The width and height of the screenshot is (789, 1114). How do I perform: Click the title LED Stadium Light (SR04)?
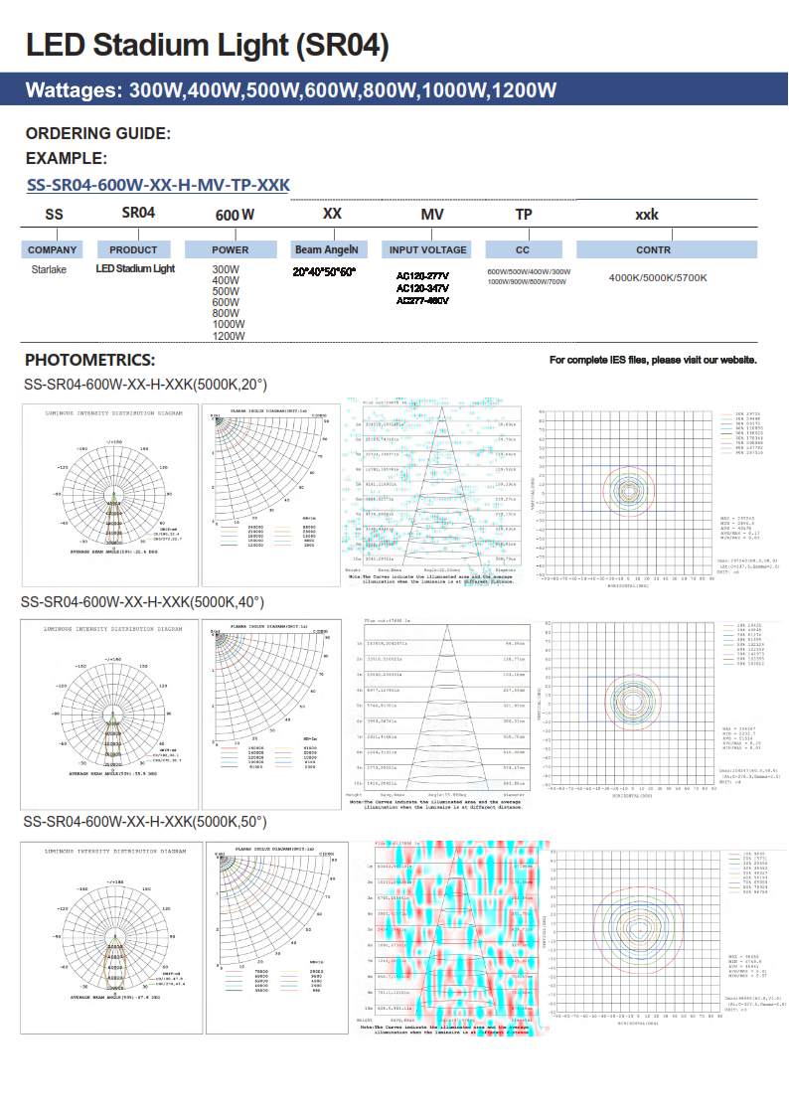tap(207, 45)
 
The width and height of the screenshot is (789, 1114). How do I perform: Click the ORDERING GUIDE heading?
tap(98, 134)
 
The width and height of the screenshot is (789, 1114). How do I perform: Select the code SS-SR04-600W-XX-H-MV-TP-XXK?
tap(158, 185)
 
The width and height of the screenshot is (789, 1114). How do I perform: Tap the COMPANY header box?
tap(53, 250)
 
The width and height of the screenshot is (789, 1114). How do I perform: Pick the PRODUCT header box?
tap(133, 250)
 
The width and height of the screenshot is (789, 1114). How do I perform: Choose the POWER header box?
tap(231, 250)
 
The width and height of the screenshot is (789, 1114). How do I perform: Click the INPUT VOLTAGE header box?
tap(427, 250)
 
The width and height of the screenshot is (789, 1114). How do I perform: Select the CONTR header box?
tap(653, 250)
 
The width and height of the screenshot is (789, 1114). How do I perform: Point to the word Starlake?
tap(49, 269)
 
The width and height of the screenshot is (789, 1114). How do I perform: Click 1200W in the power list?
tap(229, 336)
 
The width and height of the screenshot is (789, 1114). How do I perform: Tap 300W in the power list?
tap(226, 269)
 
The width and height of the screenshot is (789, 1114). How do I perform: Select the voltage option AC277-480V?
tap(422, 300)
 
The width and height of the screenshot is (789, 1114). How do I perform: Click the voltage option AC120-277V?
tap(422, 276)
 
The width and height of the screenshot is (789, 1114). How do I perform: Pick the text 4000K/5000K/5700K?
tap(658, 278)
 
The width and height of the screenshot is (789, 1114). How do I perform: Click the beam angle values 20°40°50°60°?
tap(324, 271)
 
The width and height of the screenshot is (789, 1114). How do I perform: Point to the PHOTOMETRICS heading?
tap(90, 360)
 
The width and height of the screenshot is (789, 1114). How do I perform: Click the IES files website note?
tap(653, 360)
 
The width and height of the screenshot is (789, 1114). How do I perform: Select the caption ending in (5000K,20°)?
tap(145, 385)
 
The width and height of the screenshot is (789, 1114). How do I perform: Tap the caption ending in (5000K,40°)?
tap(143, 602)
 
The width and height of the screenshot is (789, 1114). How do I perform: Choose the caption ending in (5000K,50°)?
tap(145, 822)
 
